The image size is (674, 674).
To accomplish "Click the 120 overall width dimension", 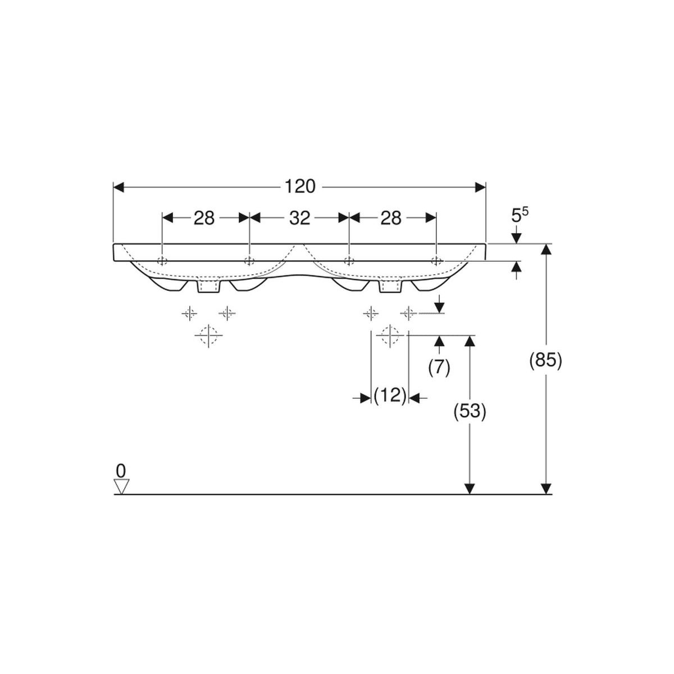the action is [300, 187].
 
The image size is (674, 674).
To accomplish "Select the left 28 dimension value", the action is [204, 218].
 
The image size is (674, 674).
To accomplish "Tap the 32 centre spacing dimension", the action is [300, 218].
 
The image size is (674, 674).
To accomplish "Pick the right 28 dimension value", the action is [391, 218].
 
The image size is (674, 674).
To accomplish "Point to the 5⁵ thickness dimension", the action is [520, 216].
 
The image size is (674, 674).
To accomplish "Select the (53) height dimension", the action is [470, 411].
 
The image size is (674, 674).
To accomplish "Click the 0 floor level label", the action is [120, 471].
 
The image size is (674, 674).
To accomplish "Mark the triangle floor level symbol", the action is [121, 486].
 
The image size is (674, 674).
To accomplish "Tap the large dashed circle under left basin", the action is [208, 335].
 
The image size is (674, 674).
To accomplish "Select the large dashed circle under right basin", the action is [390, 335].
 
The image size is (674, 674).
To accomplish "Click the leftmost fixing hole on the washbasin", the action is [163, 261].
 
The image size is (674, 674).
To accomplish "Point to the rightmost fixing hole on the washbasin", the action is [436, 261].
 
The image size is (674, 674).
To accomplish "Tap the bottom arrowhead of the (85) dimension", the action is [546, 489].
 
